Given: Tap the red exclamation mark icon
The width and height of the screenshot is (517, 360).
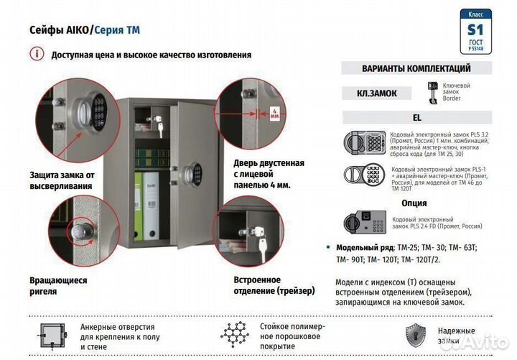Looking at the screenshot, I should click(x=35, y=54).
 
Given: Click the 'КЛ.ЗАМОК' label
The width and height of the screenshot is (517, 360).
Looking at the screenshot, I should click(x=376, y=93).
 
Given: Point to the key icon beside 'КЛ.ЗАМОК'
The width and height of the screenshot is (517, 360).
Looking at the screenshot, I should click(x=433, y=93).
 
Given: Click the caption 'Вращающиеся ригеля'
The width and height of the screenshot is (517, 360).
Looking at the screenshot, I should click(x=58, y=286).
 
